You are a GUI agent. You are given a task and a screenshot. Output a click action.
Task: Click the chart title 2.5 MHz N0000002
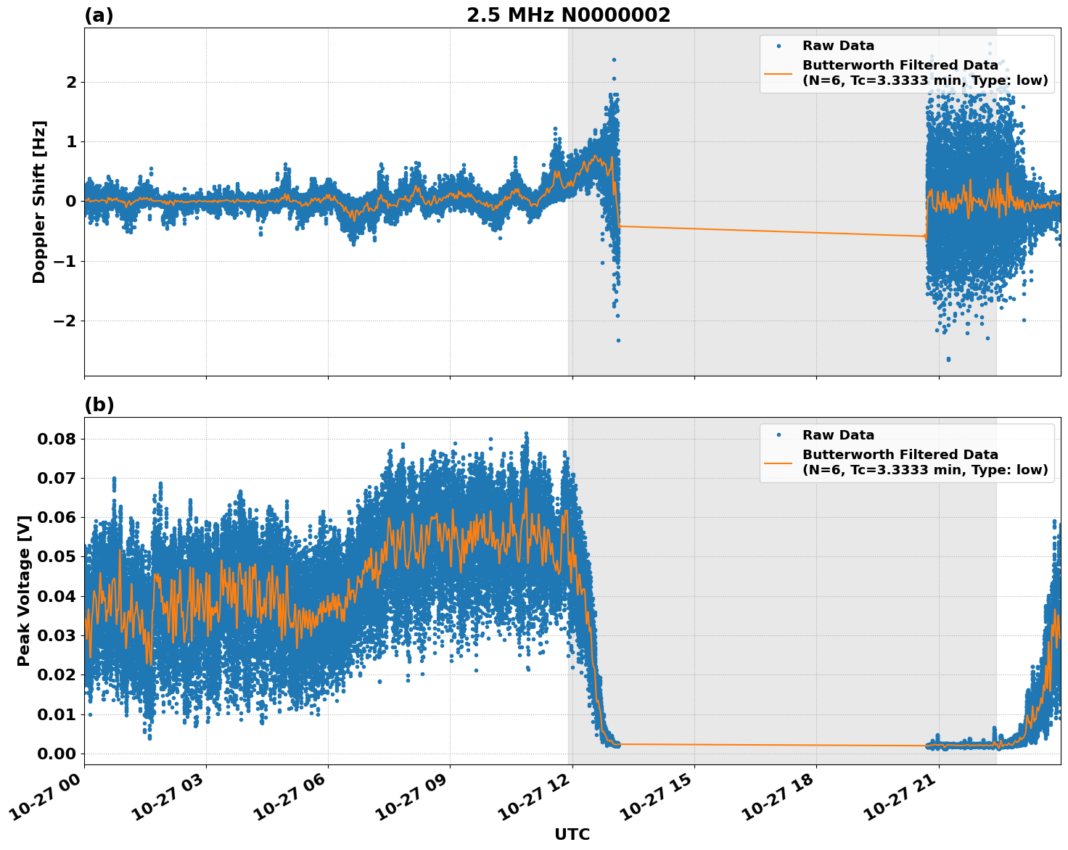coord(568,15)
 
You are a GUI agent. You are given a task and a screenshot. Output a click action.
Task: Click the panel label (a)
coord(99,15)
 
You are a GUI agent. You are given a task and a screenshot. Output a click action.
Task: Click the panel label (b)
coord(99,405)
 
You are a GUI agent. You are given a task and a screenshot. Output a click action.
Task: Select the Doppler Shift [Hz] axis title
coord(39,202)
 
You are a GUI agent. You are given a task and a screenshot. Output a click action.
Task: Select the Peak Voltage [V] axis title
coord(24,591)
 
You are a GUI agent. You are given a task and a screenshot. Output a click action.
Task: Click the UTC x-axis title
coord(572,834)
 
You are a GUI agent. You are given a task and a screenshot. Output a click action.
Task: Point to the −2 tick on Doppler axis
coord(64,321)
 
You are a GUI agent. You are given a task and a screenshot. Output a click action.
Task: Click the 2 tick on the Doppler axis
coord(71,82)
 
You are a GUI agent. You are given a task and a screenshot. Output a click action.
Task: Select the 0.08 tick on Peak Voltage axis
coord(56,439)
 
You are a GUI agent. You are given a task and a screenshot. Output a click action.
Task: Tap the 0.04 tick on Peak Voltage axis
coord(56,596)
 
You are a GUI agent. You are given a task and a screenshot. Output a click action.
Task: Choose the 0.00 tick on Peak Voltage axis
coord(56,754)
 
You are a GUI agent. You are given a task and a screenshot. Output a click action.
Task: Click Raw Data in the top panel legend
coord(838,46)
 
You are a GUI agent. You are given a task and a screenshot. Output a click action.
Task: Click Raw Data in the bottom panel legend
coord(838,435)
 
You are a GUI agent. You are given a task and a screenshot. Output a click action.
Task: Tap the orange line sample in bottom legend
coord(778,462)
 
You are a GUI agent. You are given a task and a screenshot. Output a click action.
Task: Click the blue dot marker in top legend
coord(779,46)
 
